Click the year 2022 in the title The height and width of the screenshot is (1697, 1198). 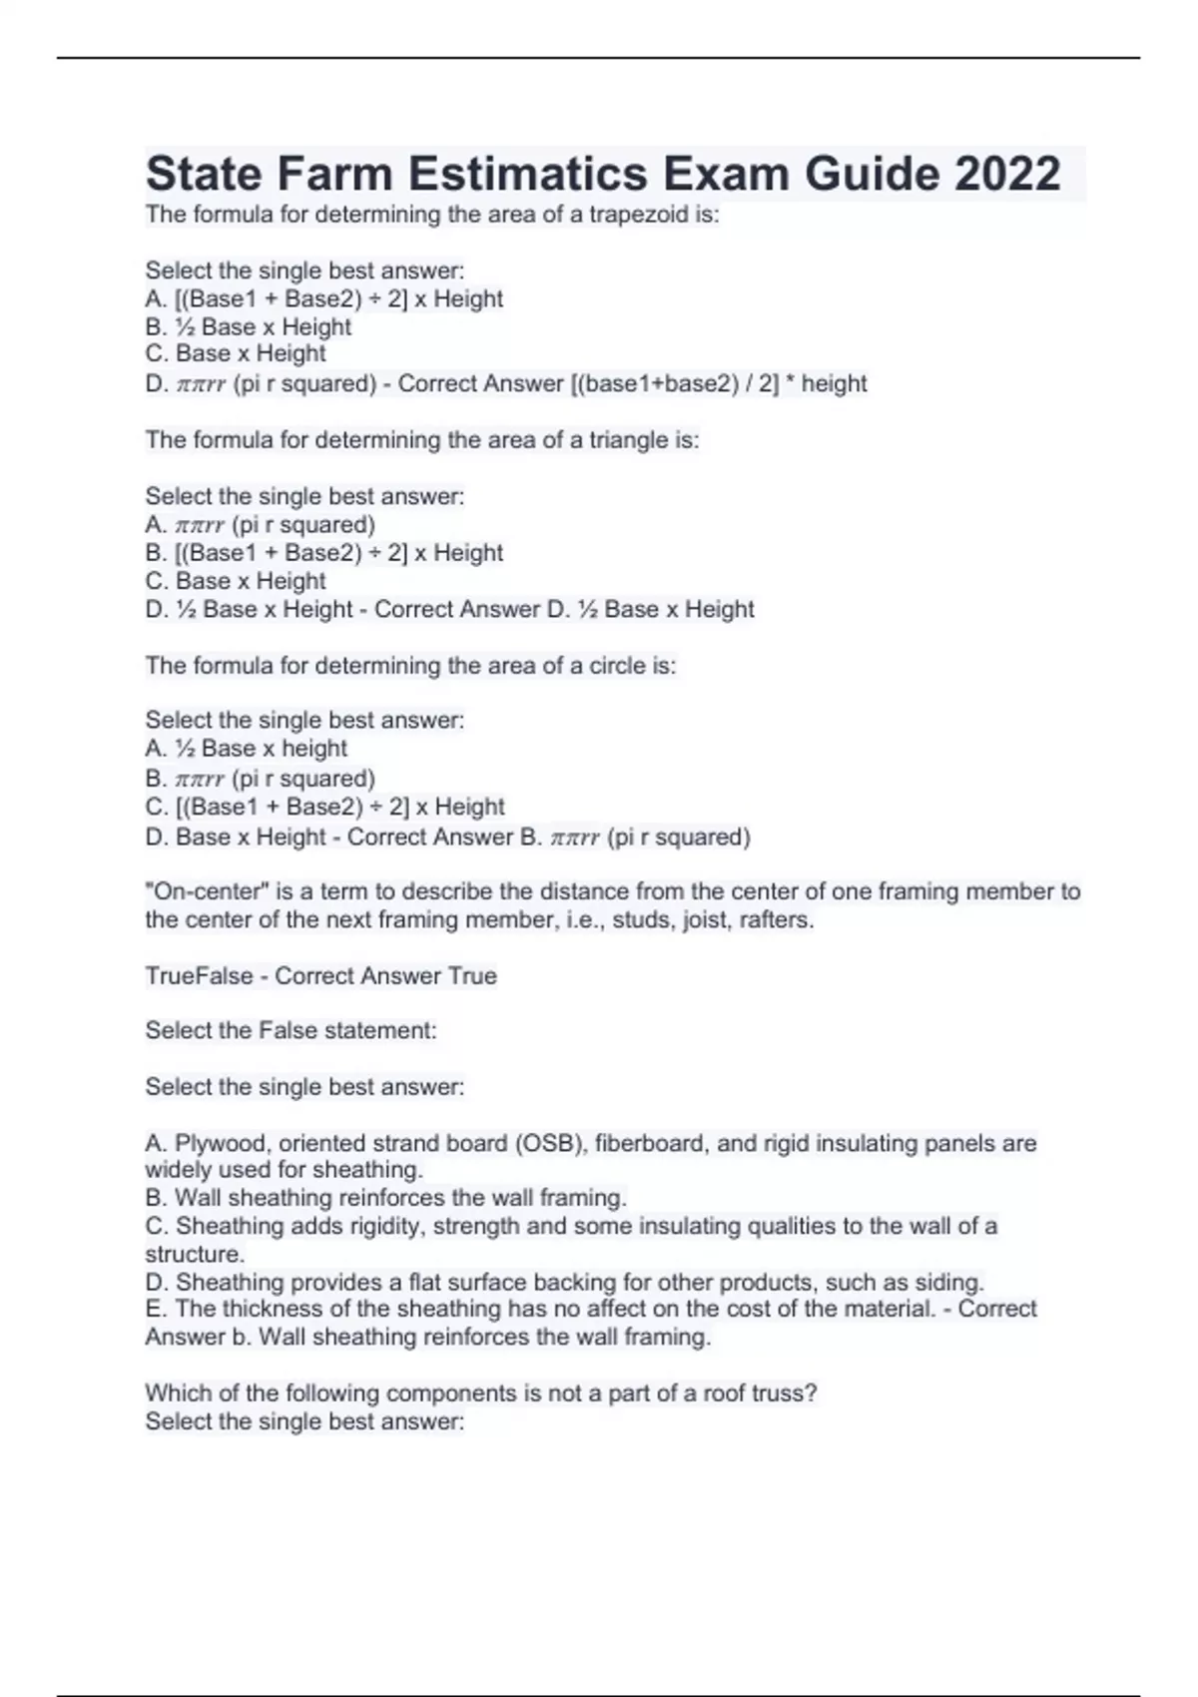[x=1007, y=174]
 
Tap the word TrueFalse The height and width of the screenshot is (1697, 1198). [x=199, y=976]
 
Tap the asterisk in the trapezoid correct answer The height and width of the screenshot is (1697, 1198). [x=788, y=382]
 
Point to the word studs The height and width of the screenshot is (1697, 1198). [x=643, y=919]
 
